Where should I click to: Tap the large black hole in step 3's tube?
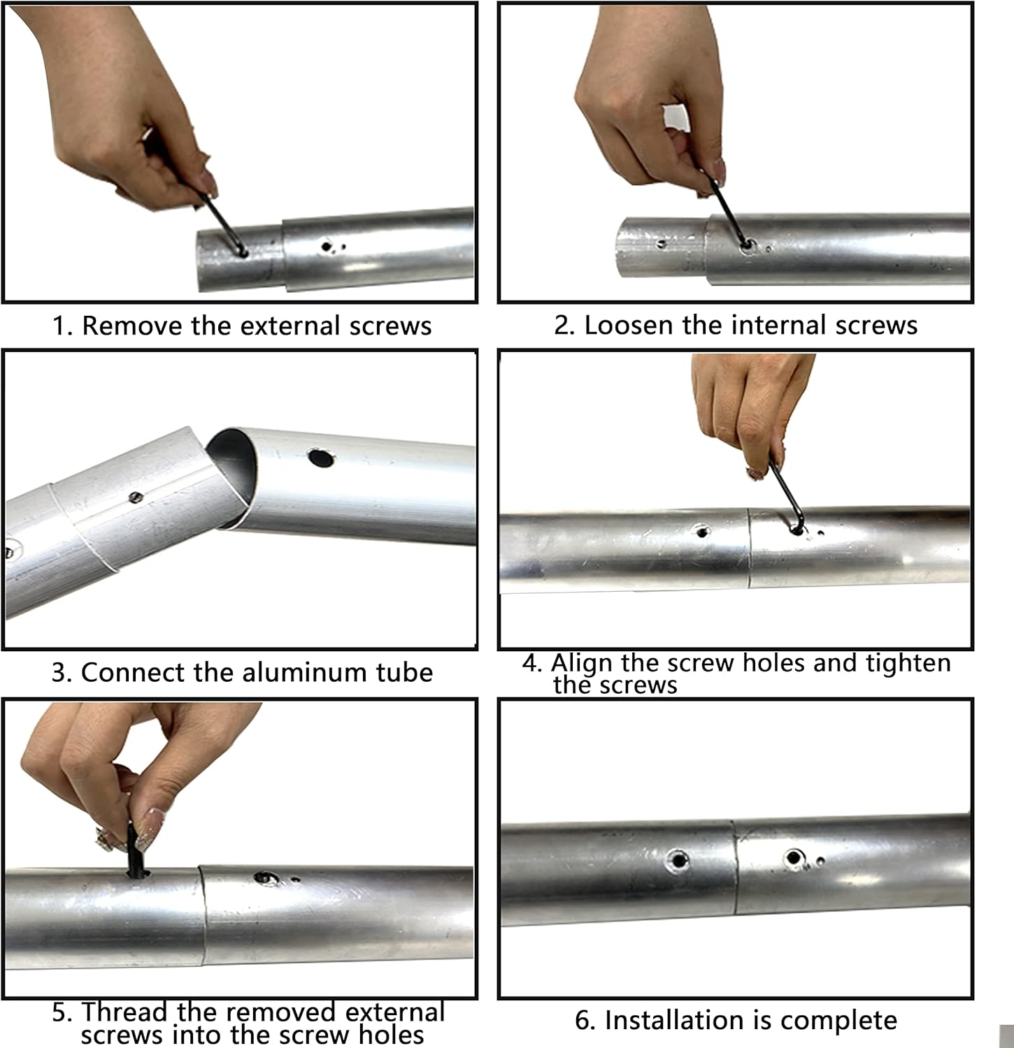tap(320, 458)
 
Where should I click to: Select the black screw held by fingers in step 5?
tap(135, 849)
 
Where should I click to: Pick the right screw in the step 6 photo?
tap(792, 858)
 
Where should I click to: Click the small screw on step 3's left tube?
tap(136, 497)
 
